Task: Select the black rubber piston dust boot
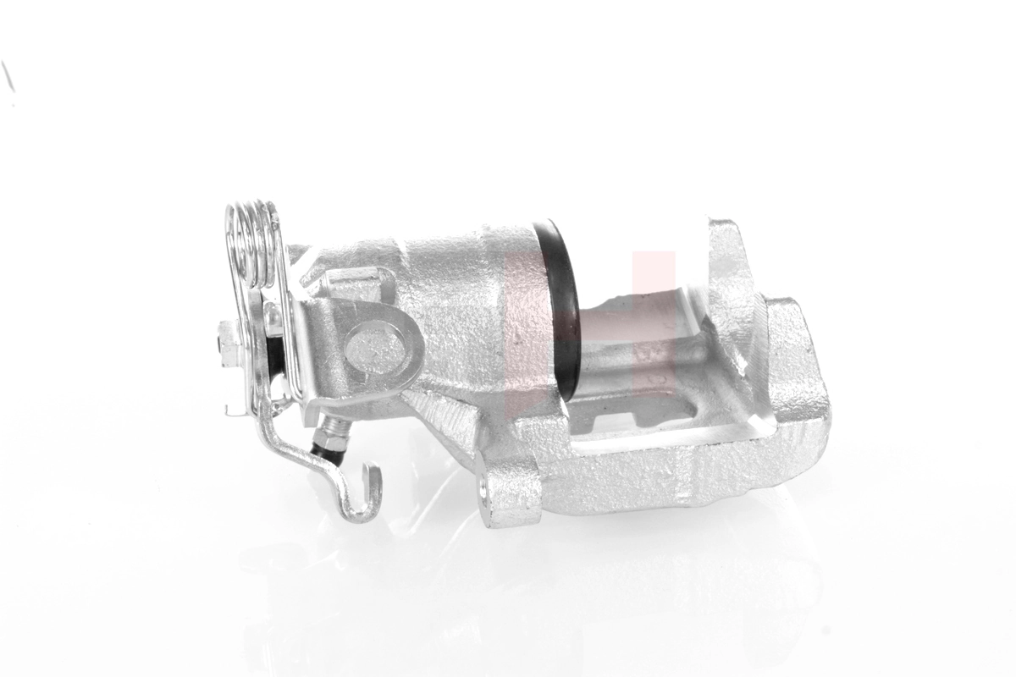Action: point(564,305)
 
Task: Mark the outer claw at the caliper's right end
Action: point(796,355)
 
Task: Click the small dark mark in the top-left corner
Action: point(8,76)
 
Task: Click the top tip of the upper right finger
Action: point(724,228)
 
